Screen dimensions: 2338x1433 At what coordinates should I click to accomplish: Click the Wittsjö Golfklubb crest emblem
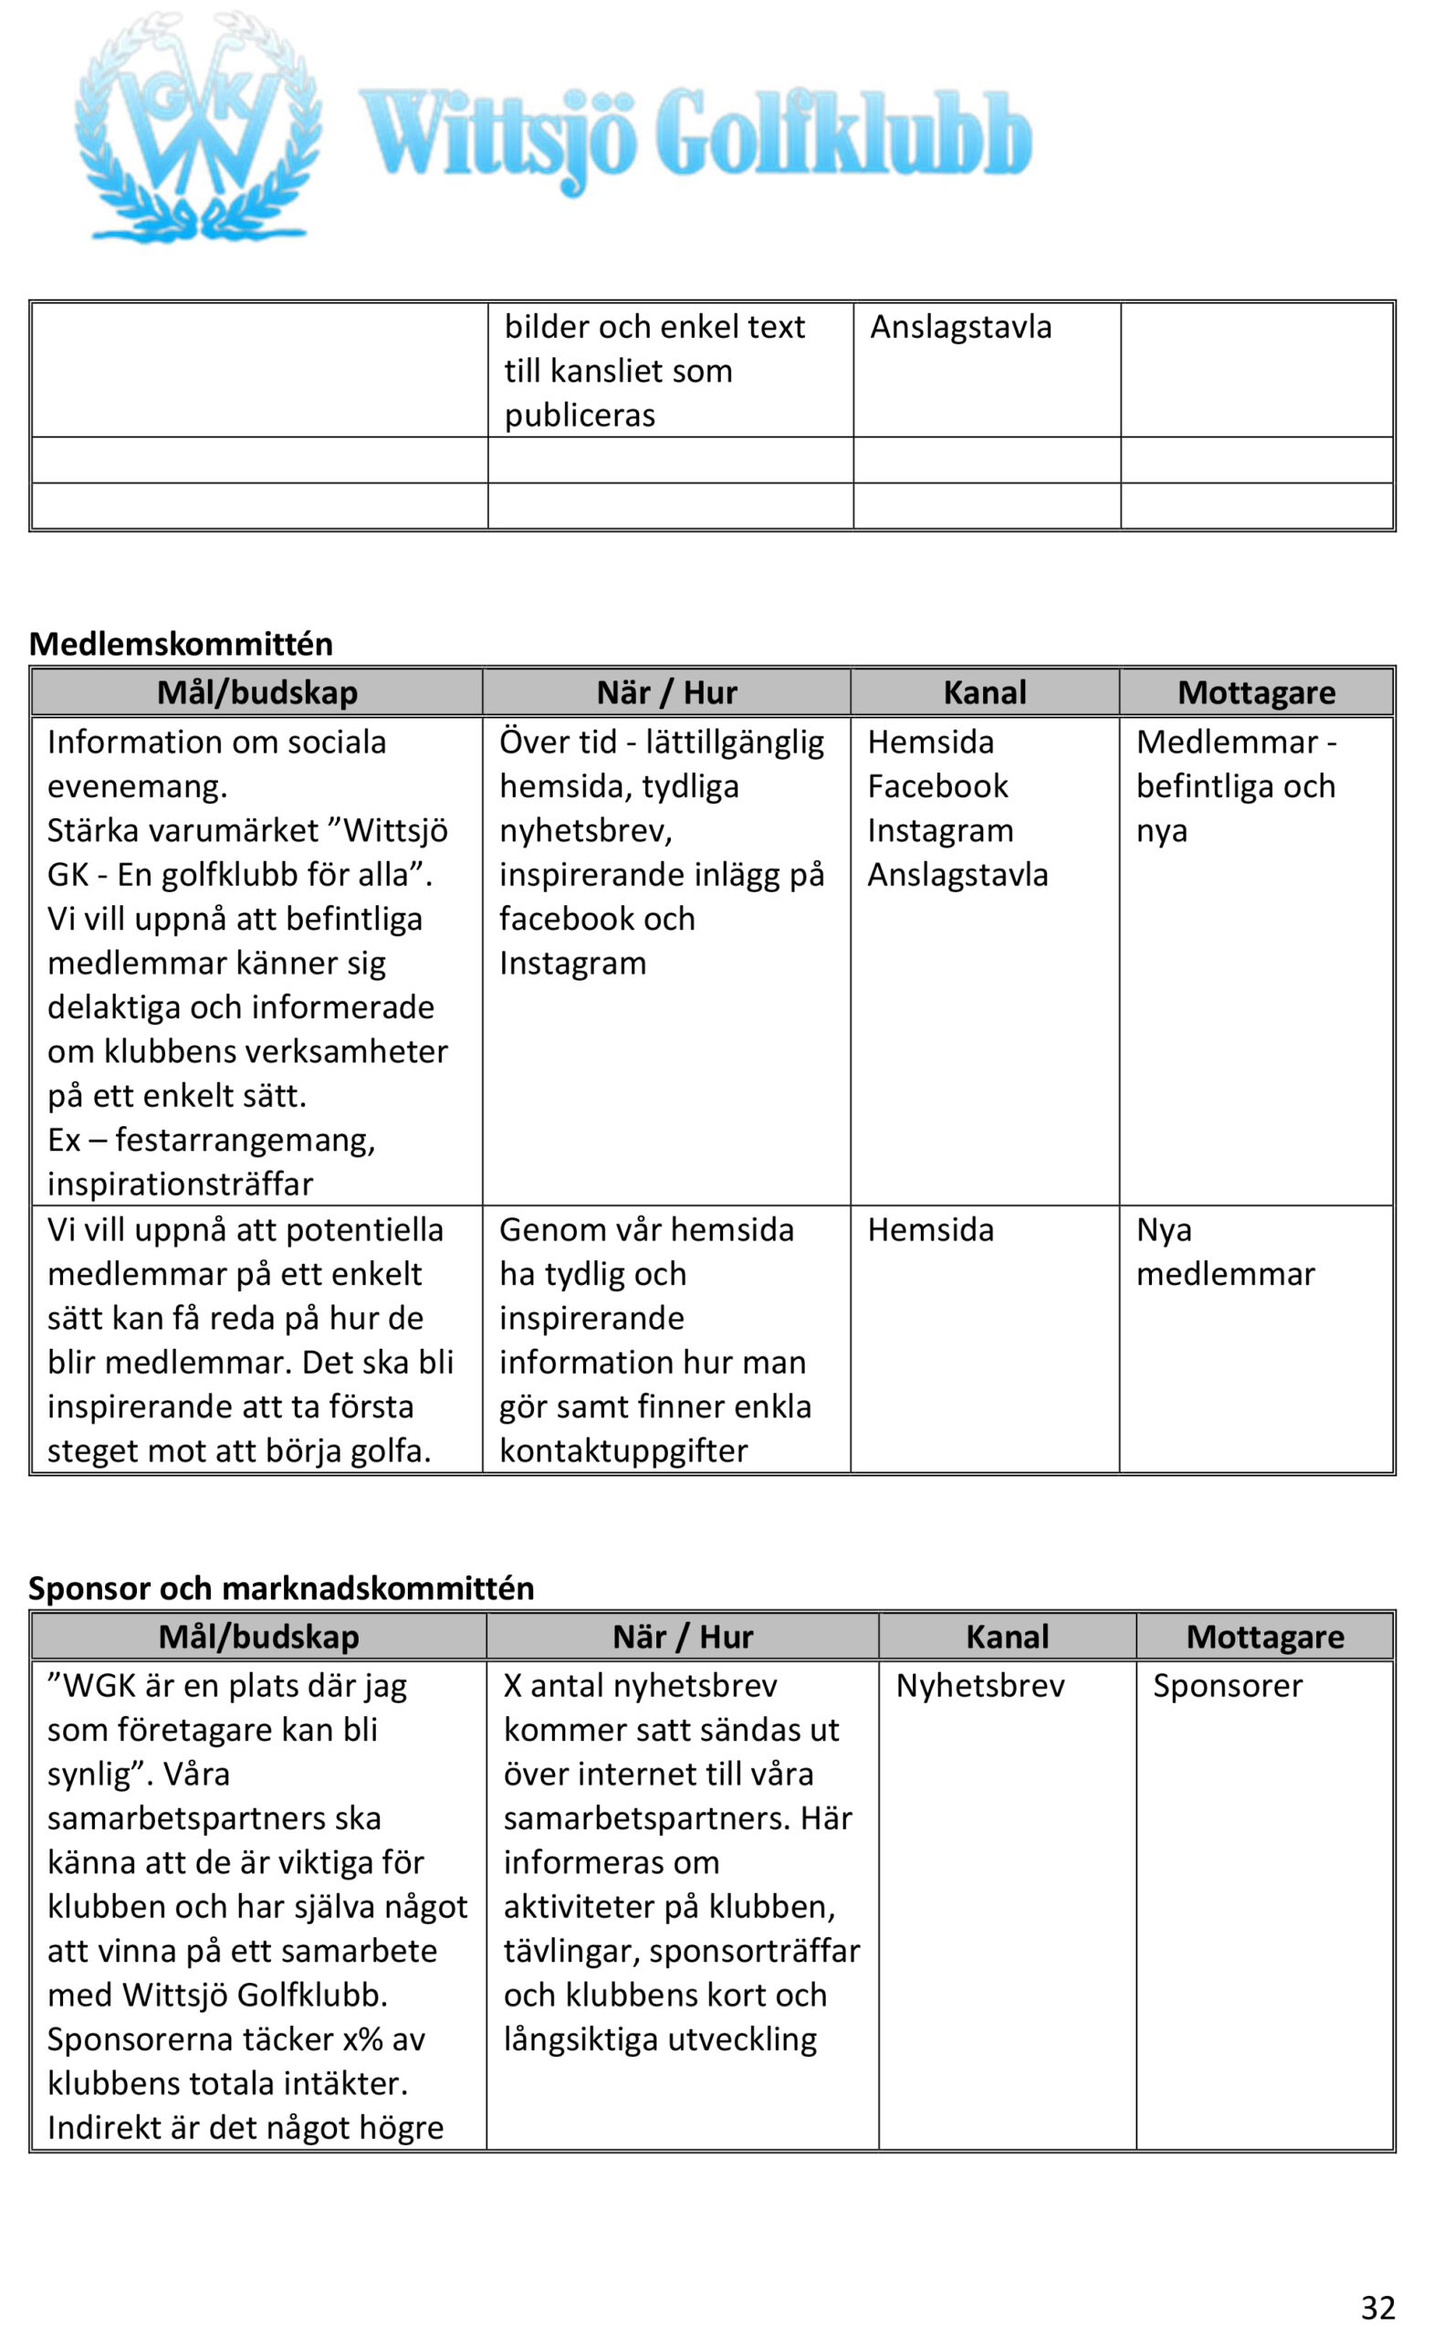point(197,128)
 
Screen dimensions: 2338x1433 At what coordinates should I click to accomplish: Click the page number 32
point(1378,2307)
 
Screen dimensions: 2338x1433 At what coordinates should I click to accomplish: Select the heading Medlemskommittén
point(181,643)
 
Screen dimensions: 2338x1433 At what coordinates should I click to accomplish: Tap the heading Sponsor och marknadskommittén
point(281,1587)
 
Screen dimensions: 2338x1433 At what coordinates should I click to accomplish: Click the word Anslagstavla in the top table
point(961,326)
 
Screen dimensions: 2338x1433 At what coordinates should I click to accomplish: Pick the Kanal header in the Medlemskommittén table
point(985,692)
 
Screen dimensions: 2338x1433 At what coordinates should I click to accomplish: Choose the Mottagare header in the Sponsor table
point(1265,1637)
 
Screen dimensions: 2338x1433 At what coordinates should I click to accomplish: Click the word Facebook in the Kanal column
point(937,785)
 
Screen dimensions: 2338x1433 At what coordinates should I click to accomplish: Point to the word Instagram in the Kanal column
point(940,830)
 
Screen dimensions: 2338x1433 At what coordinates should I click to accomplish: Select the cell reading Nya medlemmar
point(1224,1251)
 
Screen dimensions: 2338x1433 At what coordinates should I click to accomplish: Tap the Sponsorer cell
point(1228,1686)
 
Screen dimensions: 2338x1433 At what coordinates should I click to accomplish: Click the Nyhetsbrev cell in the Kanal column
point(979,1686)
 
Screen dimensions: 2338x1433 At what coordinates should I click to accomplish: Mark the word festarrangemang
point(246,1140)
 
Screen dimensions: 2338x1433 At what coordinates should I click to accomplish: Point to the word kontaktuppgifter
point(623,1451)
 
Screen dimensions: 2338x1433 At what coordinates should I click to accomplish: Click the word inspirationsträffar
point(179,1185)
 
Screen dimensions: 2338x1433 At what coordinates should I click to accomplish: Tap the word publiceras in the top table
point(580,415)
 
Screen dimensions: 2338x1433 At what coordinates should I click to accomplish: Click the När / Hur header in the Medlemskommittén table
point(666,692)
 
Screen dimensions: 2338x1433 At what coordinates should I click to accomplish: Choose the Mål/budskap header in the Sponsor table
point(259,1637)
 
